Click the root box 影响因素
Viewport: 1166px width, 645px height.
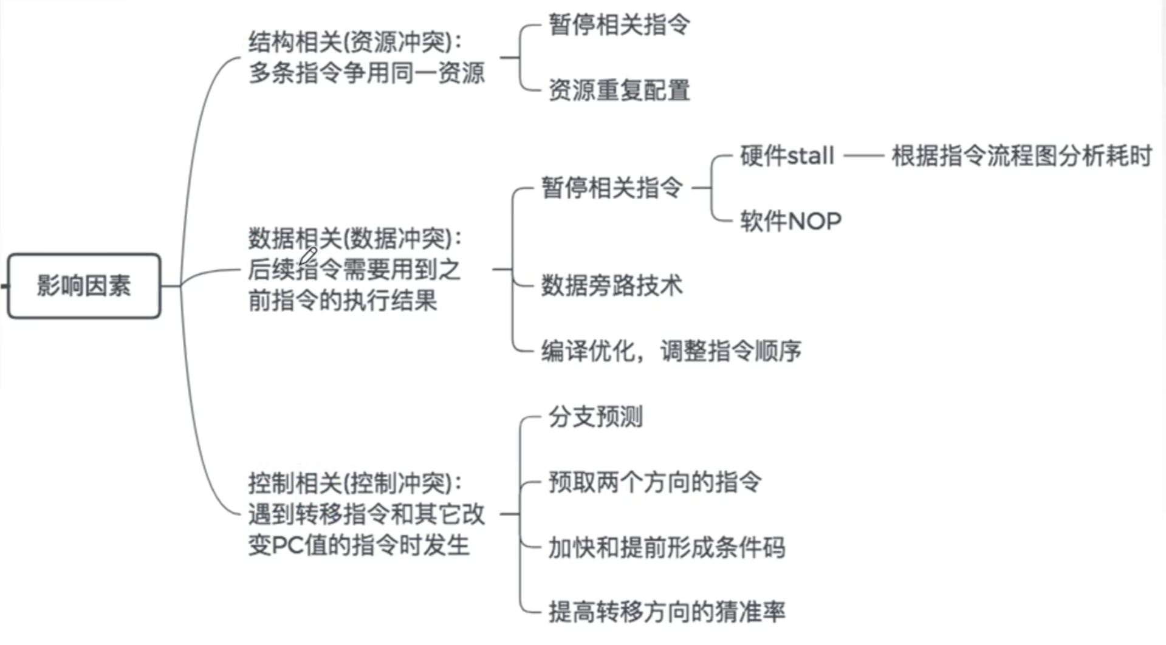tap(84, 285)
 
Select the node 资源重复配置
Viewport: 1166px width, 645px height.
tap(619, 90)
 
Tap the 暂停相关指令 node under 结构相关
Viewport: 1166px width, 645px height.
tap(619, 25)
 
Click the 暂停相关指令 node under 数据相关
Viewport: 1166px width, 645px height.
tap(611, 187)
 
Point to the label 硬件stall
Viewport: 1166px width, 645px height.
tap(786, 156)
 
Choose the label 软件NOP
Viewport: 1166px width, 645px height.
tap(790, 221)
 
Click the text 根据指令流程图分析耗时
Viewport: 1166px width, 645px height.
tap(1021, 156)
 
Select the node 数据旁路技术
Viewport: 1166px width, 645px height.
tap(611, 285)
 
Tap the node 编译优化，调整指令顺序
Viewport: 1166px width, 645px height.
tap(671, 351)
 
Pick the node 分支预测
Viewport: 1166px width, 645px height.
tap(595, 417)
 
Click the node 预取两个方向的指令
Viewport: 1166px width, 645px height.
tap(654, 482)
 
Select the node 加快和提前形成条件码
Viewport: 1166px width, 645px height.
tap(667, 547)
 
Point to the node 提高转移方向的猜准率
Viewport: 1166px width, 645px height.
tap(667, 612)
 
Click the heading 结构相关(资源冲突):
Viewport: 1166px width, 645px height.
tap(355, 42)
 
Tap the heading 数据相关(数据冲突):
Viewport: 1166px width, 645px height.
tap(355, 238)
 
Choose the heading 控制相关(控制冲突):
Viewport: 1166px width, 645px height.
tap(355, 483)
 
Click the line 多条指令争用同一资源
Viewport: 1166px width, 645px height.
tap(366, 73)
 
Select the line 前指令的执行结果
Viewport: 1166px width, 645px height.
tap(342, 301)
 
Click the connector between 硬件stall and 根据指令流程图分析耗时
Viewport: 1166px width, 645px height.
tap(863, 156)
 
